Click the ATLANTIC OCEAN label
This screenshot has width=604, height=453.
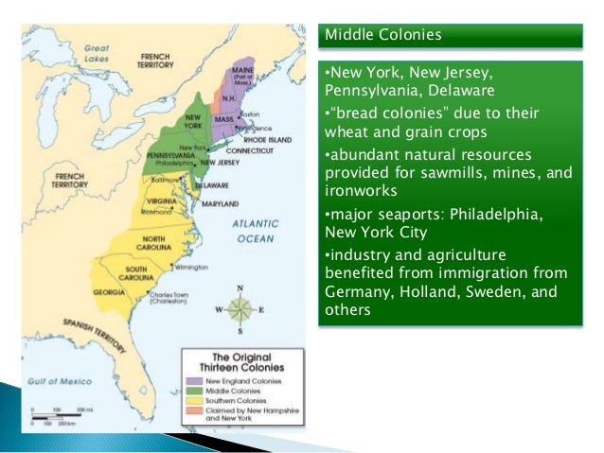coord(257,232)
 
